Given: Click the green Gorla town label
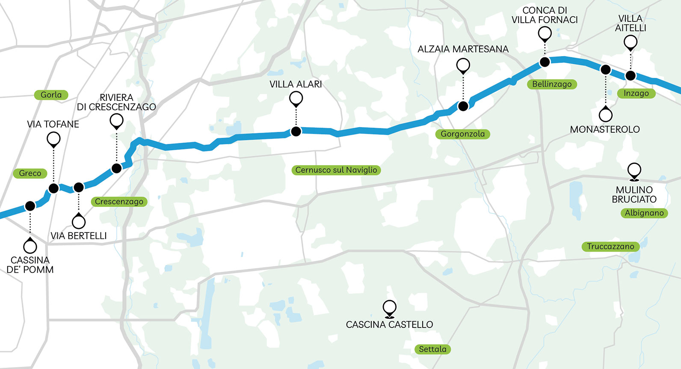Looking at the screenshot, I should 51,95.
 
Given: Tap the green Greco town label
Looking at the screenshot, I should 30,173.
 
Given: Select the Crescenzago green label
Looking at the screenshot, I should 119,201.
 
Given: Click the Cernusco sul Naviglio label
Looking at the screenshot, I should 336,170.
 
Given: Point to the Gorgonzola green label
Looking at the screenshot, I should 462,134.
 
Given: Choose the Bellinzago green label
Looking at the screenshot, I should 552,84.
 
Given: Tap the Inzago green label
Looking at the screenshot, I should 636,93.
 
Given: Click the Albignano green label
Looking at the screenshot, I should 644,213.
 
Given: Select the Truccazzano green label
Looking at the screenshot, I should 610,246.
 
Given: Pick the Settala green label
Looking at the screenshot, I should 432,349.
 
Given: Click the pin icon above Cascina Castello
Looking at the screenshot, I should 389,308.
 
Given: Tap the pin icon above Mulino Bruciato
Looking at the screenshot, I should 634,171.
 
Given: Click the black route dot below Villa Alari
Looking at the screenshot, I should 296,131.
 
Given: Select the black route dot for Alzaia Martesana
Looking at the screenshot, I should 463,106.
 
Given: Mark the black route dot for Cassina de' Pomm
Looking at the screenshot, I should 30,206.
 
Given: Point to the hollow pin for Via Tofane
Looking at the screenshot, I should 53,139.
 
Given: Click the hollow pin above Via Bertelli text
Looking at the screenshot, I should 79,222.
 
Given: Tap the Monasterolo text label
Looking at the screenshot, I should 605,129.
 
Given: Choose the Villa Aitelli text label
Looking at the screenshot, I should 631,23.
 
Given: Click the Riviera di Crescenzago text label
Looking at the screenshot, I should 116,102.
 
